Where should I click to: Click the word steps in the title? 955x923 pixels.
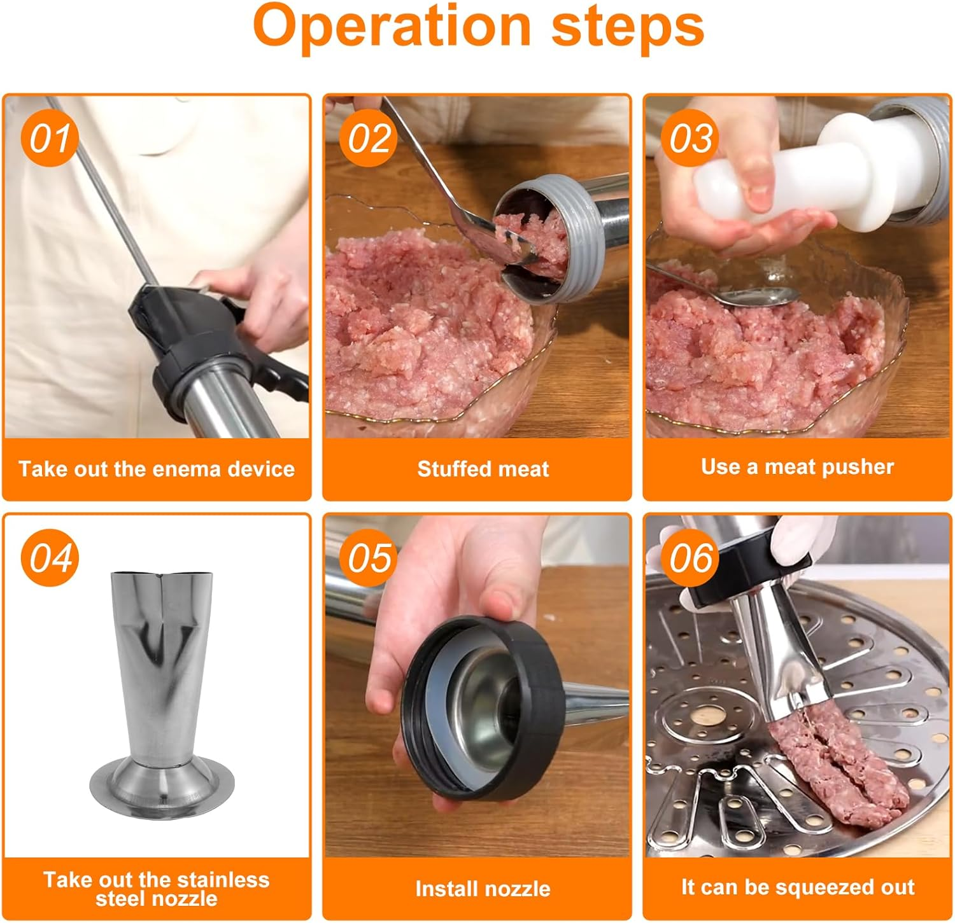pos(628,28)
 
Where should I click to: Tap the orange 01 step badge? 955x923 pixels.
pos(50,137)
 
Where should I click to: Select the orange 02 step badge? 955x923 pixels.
pos(369,137)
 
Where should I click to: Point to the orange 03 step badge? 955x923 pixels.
pos(690,137)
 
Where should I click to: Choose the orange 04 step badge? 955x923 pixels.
pos(50,557)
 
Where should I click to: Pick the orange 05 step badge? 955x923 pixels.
pos(369,557)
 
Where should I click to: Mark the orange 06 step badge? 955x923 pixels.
pos(690,557)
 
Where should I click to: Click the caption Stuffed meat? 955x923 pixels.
pos(483,469)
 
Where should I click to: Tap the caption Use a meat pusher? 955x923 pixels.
pos(797,467)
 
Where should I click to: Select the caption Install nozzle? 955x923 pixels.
pos(483,889)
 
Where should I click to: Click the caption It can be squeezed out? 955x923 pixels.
pos(797,887)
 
